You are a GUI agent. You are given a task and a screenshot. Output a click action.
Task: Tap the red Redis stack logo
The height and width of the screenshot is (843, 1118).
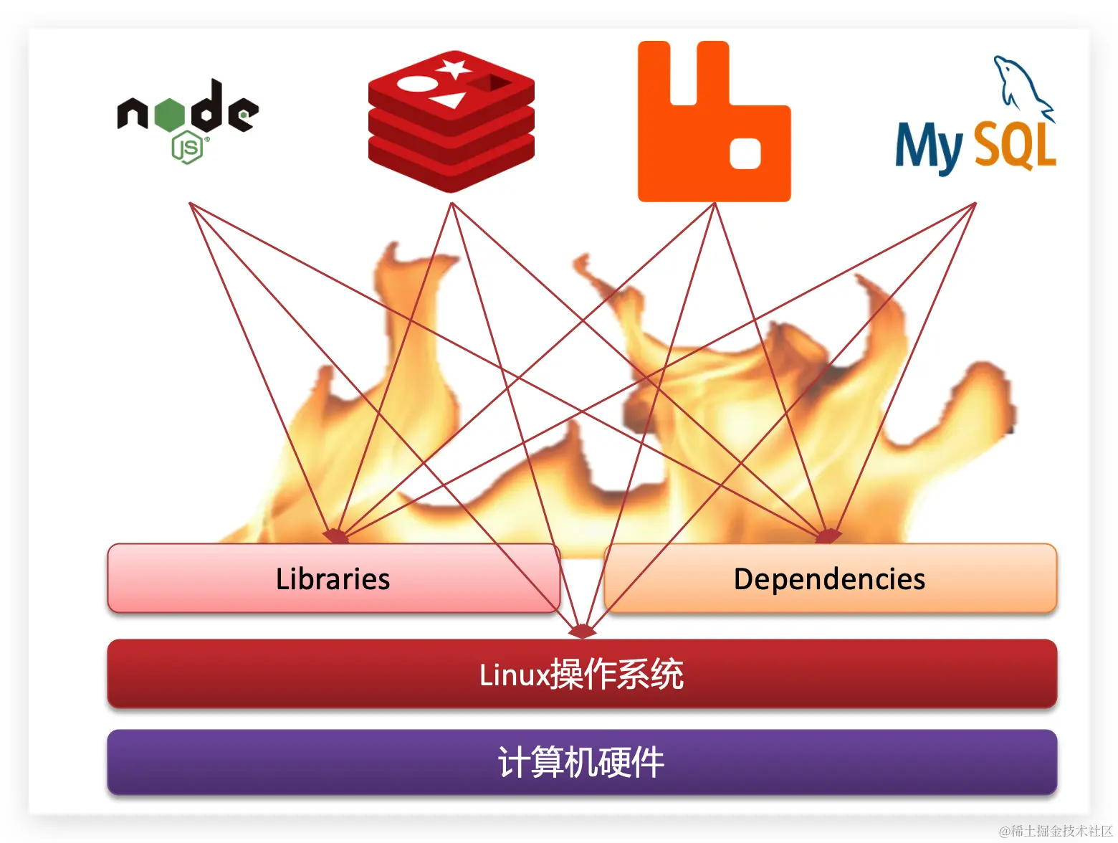[451, 122]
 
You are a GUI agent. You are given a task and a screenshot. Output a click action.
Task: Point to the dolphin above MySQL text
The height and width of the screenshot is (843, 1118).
[1021, 86]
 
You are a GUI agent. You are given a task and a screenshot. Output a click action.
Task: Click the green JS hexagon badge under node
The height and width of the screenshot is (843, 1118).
[188, 148]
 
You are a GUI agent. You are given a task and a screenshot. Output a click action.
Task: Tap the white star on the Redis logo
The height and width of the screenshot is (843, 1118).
[454, 70]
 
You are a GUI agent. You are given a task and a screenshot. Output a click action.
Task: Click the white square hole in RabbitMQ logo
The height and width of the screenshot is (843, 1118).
[745, 153]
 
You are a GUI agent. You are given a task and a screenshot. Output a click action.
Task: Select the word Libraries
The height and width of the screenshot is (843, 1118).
[333, 579]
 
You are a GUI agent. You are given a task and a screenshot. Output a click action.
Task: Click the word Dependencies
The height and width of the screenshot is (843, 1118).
[829, 579]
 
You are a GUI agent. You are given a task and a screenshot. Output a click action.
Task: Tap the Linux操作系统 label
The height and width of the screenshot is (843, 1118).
[581, 675]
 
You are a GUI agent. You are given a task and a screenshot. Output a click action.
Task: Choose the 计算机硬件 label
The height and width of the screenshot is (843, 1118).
[581, 762]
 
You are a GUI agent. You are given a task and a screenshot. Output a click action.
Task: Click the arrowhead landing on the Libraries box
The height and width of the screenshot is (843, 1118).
[335, 536]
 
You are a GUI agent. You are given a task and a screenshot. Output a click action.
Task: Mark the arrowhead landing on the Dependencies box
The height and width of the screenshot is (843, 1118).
[828, 536]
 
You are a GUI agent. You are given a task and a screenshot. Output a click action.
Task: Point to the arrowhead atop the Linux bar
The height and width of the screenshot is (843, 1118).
[582, 632]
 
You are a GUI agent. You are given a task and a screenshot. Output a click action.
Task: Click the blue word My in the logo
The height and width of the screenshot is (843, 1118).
[928, 147]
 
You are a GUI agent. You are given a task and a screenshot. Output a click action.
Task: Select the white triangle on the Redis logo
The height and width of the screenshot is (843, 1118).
[449, 100]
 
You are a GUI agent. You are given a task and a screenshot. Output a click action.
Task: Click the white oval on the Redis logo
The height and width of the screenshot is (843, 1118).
[416, 84]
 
